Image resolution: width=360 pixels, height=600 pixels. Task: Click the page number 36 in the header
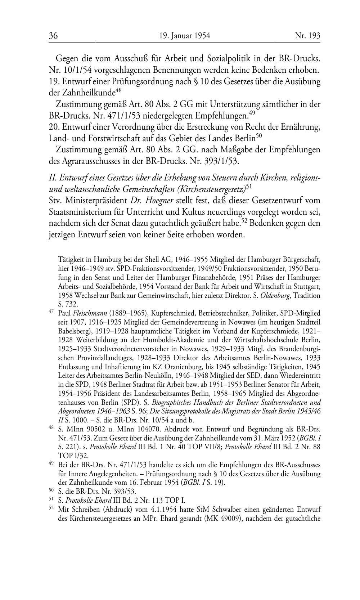[x=53, y=36]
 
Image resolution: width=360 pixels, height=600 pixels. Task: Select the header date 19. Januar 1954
[x=184, y=36]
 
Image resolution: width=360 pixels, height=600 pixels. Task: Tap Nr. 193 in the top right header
[x=307, y=36]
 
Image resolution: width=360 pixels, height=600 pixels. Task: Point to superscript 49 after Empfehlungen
[x=252, y=113]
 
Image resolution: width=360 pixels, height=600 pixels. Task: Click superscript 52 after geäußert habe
[x=244, y=221]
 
